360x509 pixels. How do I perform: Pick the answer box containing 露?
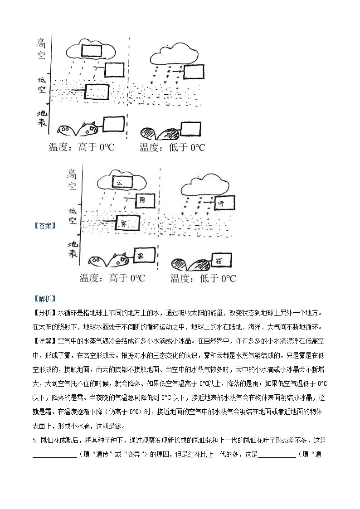click(x=140, y=257)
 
